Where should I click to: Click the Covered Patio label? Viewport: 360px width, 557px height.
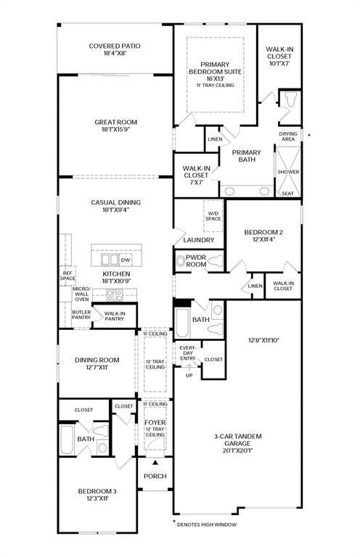pyautogui.click(x=115, y=46)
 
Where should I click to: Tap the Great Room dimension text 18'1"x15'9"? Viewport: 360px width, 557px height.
pyautogui.click(x=115, y=129)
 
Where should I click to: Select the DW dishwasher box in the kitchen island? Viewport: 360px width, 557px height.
pyautogui.click(x=125, y=260)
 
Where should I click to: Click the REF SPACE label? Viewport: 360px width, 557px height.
pyautogui.click(x=67, y=276)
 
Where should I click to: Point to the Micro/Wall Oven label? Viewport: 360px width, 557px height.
pyautogui.click(x=82, y=294)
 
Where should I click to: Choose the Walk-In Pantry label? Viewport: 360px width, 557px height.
pyautogui.click(x=115, y=316)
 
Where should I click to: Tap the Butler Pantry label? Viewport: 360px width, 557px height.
pyautogui.click(x=81, y=314)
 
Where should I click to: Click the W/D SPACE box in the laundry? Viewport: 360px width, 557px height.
pyautogui.click(x=213, y=216)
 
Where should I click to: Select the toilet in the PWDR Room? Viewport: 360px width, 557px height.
pyautogui.click(x=215, y=261)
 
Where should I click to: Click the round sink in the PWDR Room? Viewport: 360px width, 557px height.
pyautogui.click(x=181, y=261)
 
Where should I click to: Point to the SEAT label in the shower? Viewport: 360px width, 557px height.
pyautogui.click(x=288, y=193)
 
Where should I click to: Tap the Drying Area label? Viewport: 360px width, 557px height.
pyautogui.click(x=288, y=136)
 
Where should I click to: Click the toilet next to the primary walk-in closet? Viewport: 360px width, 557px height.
pyautogui.click(x=291, y=99)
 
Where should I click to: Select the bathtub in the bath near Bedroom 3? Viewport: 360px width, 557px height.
pyautogui.click(x=67, y=440)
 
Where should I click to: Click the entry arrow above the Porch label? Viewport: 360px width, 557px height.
pyautogui.click(x=155, y=463)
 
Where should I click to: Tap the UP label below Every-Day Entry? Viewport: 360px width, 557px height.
pyautogui.click(x=189, y=375)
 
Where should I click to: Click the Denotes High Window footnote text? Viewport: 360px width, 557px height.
pyautogui.click(x=206, y=524)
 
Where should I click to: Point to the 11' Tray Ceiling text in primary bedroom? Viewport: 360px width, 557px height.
pyautogui.click(x=215, y=86)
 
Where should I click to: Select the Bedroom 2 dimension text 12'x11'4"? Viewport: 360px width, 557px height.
pyautogui.click(x=263, y=239)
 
